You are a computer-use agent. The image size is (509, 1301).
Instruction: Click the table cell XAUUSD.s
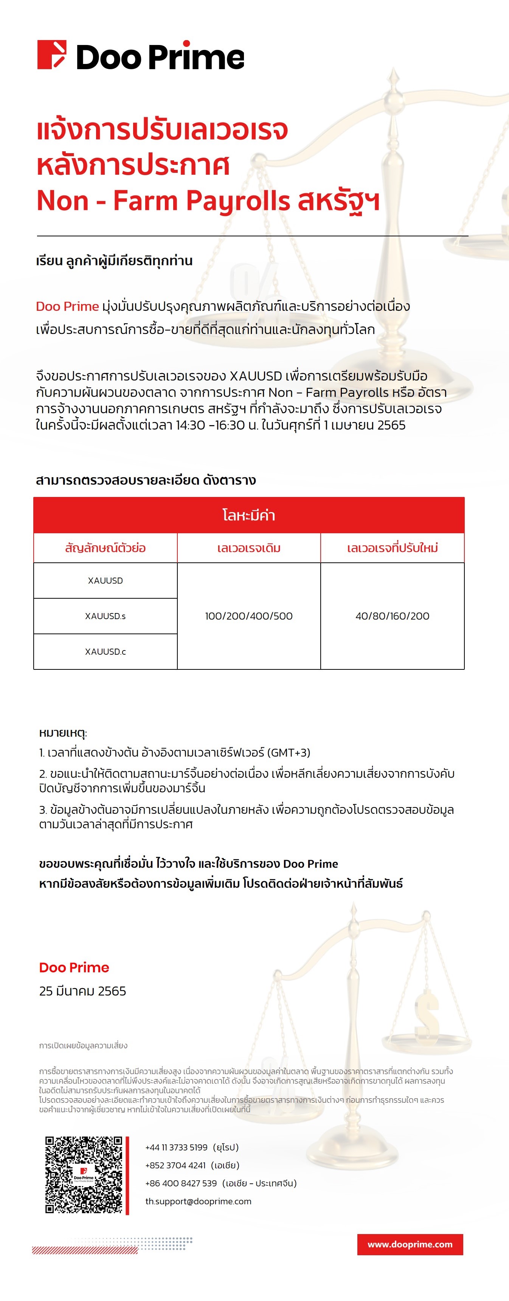click(x=105, y=616)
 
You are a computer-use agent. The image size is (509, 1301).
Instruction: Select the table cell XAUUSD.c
click(x=105, y=652)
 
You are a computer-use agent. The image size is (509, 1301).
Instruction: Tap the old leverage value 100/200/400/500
click(x=248, y=616)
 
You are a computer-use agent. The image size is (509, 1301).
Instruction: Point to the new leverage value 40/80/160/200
click(x=393, y=616)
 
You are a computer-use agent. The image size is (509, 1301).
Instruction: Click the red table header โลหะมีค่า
click(x=248, y=515)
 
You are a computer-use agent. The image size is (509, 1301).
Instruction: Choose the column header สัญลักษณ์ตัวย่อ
click(x=105, y=548)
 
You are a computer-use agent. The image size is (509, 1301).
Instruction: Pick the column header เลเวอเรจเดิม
click(x=248, y=548)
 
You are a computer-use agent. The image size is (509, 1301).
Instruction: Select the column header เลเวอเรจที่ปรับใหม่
click(x=393, y=548)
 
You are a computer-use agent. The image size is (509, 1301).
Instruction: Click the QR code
click(x=84, y=1174)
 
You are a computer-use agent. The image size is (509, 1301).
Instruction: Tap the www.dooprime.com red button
click(x=410, y=1244)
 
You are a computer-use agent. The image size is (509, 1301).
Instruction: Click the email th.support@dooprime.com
click(x=199, y=1201)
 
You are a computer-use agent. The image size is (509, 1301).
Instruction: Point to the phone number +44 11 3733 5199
click(x=176, y=1147)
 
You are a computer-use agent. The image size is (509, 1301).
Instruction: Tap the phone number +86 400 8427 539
click(x=181, y=1183)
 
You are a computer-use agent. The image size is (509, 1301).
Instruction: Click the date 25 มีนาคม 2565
click(x=83, y=991)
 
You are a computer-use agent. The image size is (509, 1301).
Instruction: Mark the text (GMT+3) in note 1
click(x=290, y=753)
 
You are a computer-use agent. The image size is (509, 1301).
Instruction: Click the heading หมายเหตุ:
click(x=63, y=733)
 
